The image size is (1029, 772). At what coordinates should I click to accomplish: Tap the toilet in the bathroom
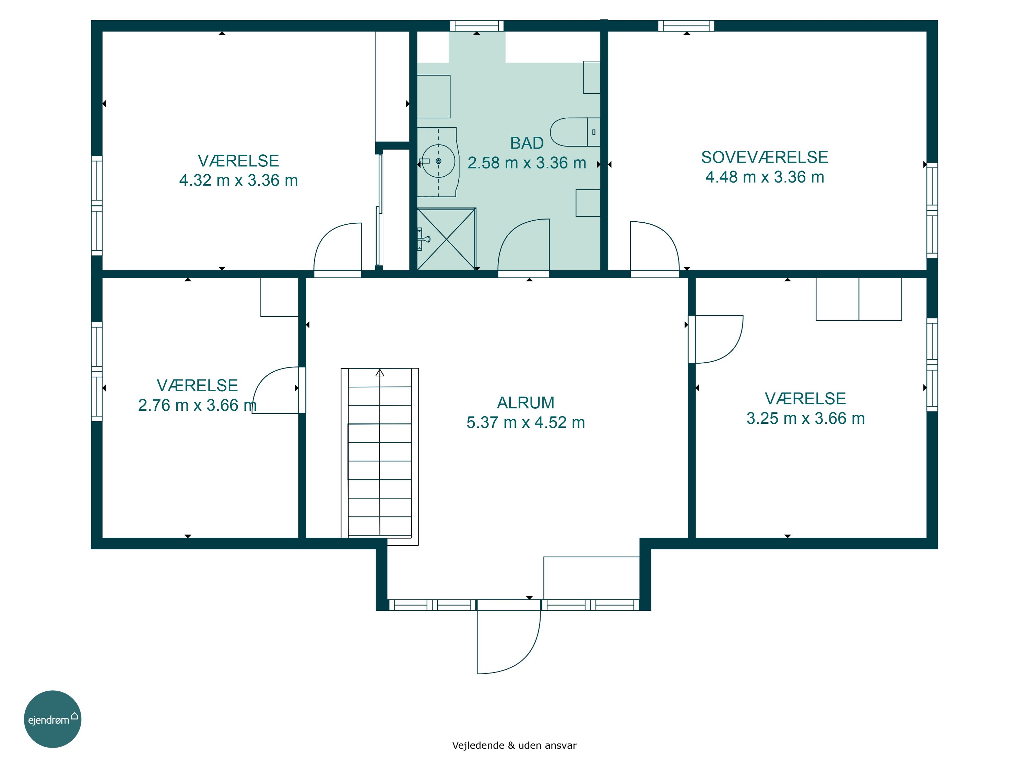click(575, 132)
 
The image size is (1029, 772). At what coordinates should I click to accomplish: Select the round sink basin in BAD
click(438, 161)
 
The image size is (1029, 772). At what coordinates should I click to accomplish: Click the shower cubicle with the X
click(446, 239)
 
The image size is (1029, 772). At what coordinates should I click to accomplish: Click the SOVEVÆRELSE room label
click(764, 157)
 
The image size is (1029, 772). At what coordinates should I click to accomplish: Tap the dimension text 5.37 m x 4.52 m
click(526, 422)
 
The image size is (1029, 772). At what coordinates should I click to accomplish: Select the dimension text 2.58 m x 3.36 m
click(527, 163)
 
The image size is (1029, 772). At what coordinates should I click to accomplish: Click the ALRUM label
click(526, 402)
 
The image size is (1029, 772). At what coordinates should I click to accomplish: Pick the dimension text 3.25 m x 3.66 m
click(806, 418)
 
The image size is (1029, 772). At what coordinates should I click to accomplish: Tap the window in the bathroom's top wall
click(477, 26)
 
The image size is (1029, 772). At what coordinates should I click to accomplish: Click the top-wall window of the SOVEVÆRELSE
click(686, 26)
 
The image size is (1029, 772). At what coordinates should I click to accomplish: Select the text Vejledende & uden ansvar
click(514, 746)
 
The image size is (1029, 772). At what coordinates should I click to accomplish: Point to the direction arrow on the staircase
click(380, 373)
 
